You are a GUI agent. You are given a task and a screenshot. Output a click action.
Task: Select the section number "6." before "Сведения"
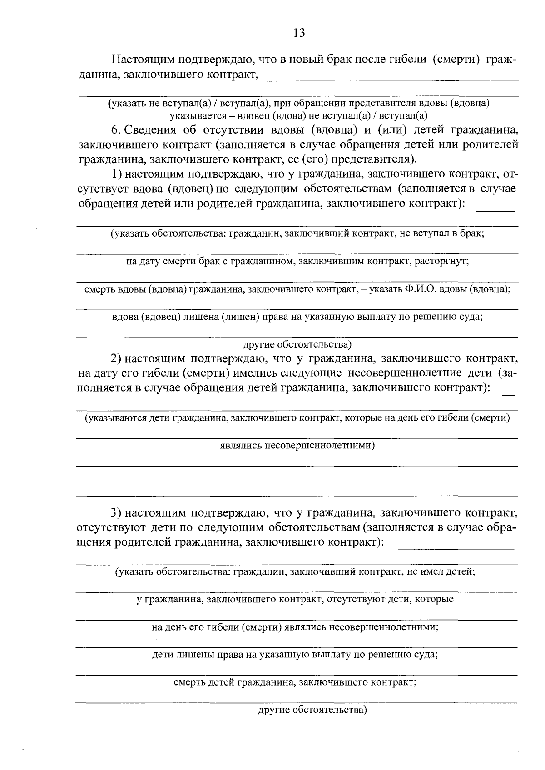115,130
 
